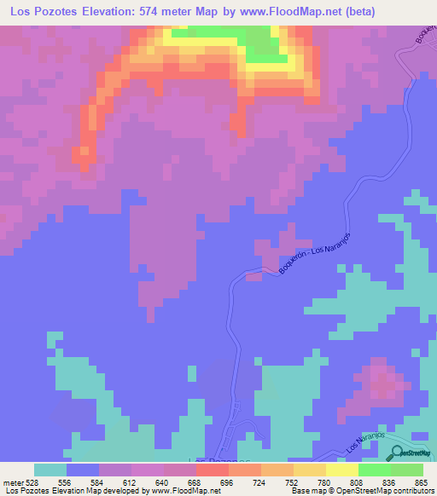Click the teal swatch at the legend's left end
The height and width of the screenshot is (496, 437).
50,470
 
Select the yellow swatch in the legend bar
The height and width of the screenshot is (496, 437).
341,470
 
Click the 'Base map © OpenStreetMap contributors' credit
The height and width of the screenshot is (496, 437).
361,491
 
